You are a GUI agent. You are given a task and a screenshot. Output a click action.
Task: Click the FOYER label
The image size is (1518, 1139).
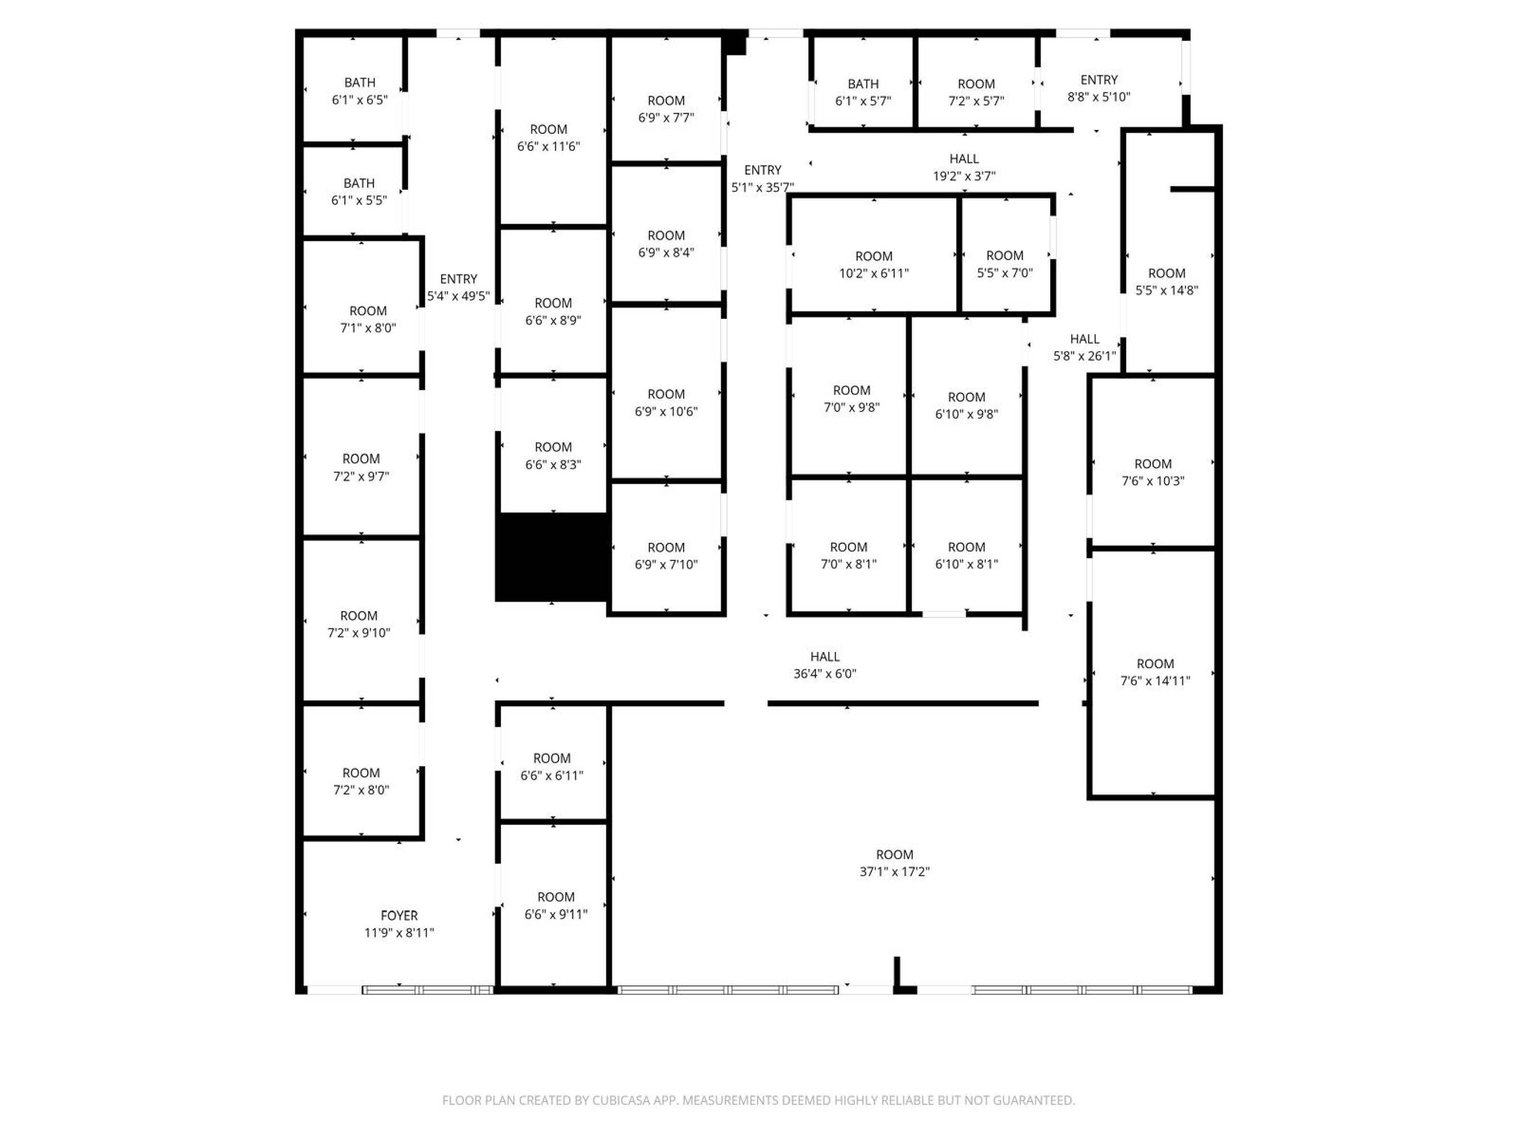399,915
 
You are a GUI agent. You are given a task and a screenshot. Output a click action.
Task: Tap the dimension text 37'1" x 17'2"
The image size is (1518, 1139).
894,872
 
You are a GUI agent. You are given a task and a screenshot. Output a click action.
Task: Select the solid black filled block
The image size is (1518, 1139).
553,557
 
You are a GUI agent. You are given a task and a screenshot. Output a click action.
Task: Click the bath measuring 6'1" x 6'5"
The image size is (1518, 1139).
353,89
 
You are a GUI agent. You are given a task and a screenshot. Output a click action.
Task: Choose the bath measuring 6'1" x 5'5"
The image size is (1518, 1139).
353,191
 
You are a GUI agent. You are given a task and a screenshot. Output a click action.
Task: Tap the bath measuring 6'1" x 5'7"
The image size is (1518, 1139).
863,83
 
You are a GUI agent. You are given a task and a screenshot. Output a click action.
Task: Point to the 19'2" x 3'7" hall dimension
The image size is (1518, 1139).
964,177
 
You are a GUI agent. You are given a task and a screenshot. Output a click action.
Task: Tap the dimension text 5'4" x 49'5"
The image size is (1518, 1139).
458,297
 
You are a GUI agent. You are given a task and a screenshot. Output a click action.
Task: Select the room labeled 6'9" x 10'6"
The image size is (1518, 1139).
666,393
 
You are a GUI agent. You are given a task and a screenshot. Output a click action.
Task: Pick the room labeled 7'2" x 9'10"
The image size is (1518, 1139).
361,621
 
